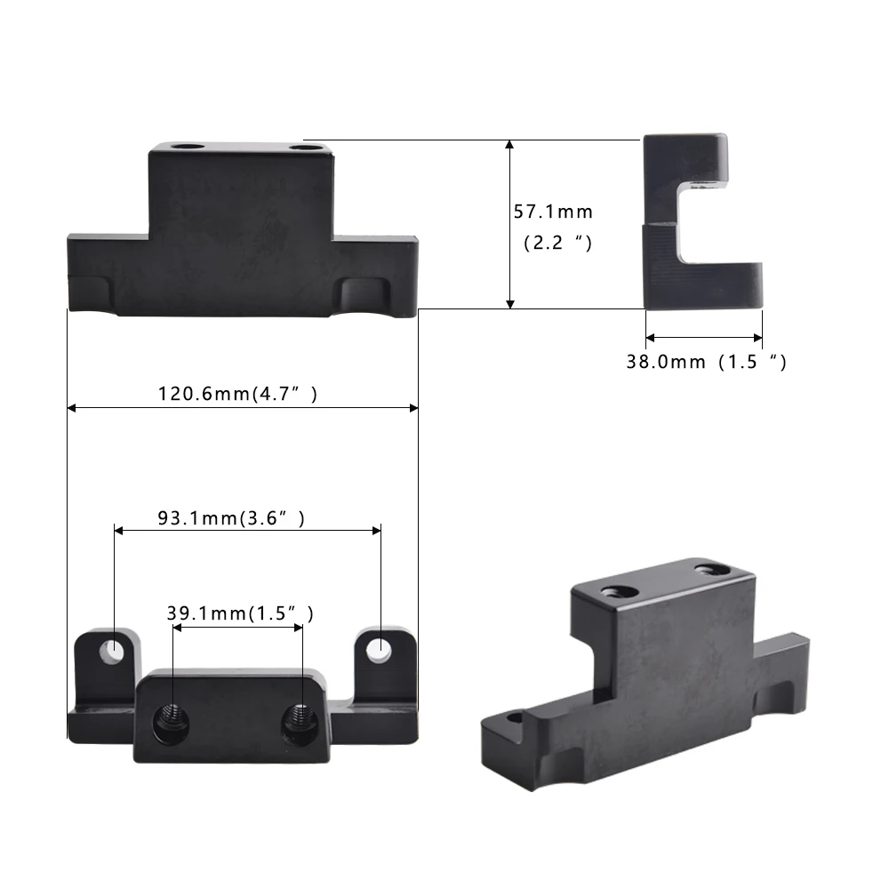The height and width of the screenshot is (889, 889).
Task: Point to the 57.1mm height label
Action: (552, 212)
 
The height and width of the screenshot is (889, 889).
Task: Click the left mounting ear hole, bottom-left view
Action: (113, 651)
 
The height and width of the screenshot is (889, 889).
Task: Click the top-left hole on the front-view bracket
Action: (188, 147)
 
